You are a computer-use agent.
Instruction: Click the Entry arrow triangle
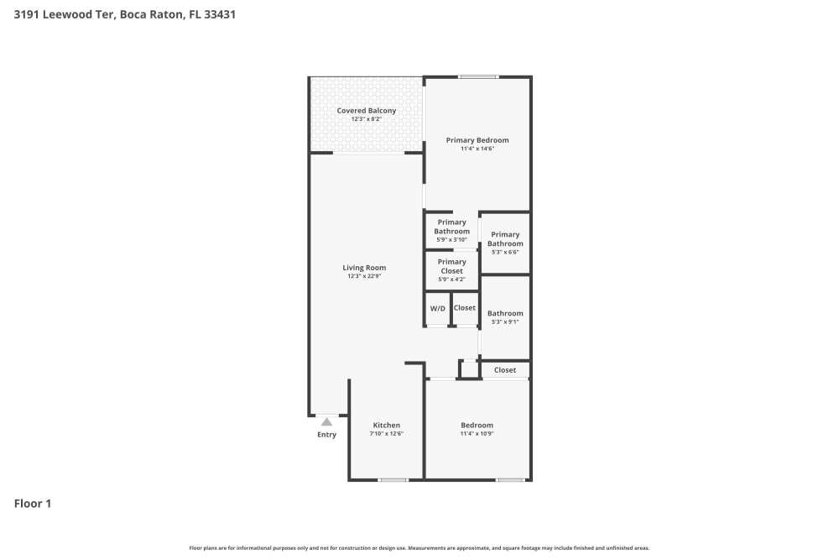tap(326, 421)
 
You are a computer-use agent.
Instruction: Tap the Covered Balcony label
tap(367, 111)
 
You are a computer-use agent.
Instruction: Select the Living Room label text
tap(364, 268)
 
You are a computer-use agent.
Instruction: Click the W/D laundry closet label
tap(438, 309)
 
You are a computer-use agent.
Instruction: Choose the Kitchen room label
tap(386, 426)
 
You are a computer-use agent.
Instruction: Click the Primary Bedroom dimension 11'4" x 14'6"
tap(477, 149)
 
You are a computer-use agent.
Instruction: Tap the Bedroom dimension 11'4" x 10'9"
tap(477, 434)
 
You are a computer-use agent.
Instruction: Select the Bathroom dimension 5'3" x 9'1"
tap(505, 322)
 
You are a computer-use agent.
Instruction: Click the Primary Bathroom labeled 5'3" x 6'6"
tap(505, 239)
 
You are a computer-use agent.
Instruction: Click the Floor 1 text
tap(33, 504)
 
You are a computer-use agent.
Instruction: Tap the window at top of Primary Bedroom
tap(478, 77)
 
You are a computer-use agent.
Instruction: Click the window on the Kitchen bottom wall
tap(393, 480)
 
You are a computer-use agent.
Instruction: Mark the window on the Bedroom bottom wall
tap(510, 480)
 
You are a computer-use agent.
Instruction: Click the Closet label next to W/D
tap(465, 308)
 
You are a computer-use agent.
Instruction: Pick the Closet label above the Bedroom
tap(505, 370)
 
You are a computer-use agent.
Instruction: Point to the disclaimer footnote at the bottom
tap(419, 548)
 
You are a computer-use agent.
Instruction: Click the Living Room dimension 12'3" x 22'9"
tap(364, 277)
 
